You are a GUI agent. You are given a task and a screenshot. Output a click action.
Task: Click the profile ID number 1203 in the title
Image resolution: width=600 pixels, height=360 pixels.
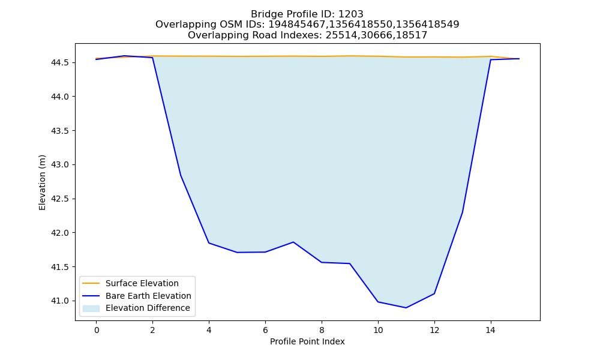pyautogui.click(x=351, y=14)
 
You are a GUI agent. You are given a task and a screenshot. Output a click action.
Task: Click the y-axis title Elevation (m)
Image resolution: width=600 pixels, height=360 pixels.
pyautogui.click(x=42, y=182)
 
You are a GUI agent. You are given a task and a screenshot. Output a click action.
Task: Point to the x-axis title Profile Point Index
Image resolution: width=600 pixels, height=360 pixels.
pyautogui.click(x=307, y=341)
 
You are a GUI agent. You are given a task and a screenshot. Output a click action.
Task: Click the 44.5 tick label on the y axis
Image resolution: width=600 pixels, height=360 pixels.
pyautogui.click(x=60, y=62)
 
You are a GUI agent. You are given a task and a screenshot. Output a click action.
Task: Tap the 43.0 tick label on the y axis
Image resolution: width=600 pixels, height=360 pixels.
pyautogui.click(x=60, y=164)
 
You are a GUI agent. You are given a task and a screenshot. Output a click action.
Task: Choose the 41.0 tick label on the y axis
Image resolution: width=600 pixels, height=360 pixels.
pyautogui.click(x=60, y=301)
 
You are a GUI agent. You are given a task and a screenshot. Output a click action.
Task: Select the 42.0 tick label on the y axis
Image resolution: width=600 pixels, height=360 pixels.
pyautogui.click(x=60, y=233)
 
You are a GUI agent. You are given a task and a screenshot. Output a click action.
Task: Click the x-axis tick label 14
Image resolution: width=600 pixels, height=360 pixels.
pyautogui.click(x=491, y=330)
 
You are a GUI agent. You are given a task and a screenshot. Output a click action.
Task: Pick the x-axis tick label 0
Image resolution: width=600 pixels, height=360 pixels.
pyautogui.click(x=97, y=330)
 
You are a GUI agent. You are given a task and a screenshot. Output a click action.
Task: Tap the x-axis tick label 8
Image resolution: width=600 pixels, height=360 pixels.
pyautogui.click(x=322, y=330)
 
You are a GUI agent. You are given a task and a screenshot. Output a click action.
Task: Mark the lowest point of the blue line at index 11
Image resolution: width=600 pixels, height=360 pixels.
pyautogui.click(x=406, y=308)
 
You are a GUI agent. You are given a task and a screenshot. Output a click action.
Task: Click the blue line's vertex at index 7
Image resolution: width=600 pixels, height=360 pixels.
pyautogui.click(x=293, y=242)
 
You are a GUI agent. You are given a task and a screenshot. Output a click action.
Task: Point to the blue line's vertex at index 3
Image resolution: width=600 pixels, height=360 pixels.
pyautogui.click(x=181, y=175)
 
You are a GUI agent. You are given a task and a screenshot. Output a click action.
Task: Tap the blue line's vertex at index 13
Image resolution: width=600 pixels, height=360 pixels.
pyautogui.click(x=463, y=212)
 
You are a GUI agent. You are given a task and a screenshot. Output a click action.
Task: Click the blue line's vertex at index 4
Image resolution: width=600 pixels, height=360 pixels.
pyautogui.click(x=209, y=243)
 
